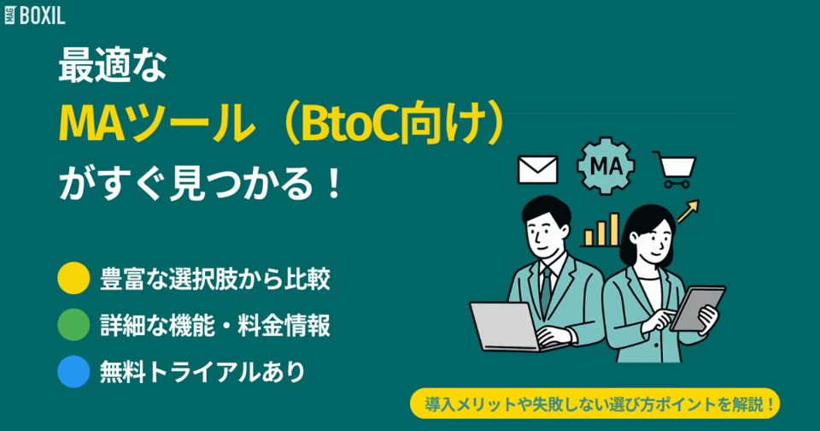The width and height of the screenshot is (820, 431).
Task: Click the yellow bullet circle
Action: pos(73,278)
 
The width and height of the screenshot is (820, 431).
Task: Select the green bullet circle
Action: pos(73,325)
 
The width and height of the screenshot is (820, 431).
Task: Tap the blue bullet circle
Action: pos(73,372)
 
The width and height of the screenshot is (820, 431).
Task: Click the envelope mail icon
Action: pos(537,169)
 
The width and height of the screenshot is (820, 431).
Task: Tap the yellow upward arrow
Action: pos(688,210)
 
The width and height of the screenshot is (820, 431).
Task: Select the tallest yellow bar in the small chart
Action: pos(613,228)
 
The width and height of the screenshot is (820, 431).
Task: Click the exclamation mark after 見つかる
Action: pos(332,182)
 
